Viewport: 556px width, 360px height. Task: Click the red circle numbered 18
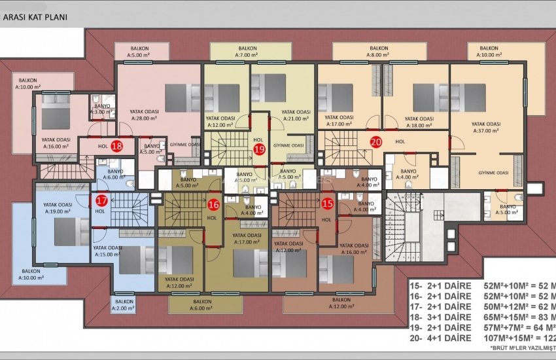[117, 146]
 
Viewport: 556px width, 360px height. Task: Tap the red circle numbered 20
[376, 141]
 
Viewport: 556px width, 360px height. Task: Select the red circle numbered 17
[102, 201]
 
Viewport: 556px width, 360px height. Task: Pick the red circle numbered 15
[328, 204]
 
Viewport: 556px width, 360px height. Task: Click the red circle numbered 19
[258, 150]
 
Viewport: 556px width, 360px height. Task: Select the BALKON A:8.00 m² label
[378, 52]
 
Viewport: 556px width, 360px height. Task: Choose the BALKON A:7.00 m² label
[247, 52]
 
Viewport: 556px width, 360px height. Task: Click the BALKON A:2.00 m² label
[124, 304]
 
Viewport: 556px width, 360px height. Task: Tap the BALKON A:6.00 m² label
[203, 304]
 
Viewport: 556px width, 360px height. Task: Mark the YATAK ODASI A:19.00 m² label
[56, 209]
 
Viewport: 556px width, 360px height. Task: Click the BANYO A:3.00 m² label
[102, 109]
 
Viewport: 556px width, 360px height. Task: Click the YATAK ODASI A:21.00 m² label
[296, 115]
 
